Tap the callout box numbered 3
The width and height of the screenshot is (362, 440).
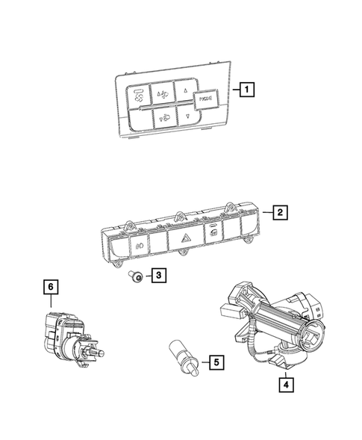(x=159, y=276)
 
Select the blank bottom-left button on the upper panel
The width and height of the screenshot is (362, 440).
(x=137, y=118)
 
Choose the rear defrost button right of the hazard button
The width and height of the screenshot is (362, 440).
(x=214, y=232)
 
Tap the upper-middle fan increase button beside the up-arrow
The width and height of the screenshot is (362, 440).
(x=162, y=93)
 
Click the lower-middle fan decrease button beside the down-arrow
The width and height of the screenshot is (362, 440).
(x=166, y=117)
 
